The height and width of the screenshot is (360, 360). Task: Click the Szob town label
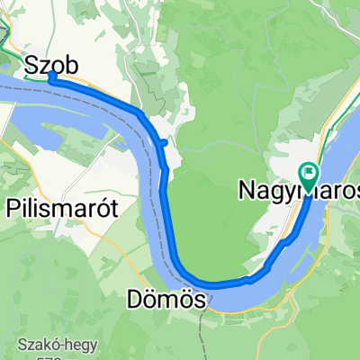tap(51, 65)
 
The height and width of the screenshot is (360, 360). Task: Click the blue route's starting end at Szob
tap(51, 76)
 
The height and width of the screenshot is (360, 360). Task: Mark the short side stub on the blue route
tap(163, 141)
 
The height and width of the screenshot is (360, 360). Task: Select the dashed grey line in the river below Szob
tap(90, 100)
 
